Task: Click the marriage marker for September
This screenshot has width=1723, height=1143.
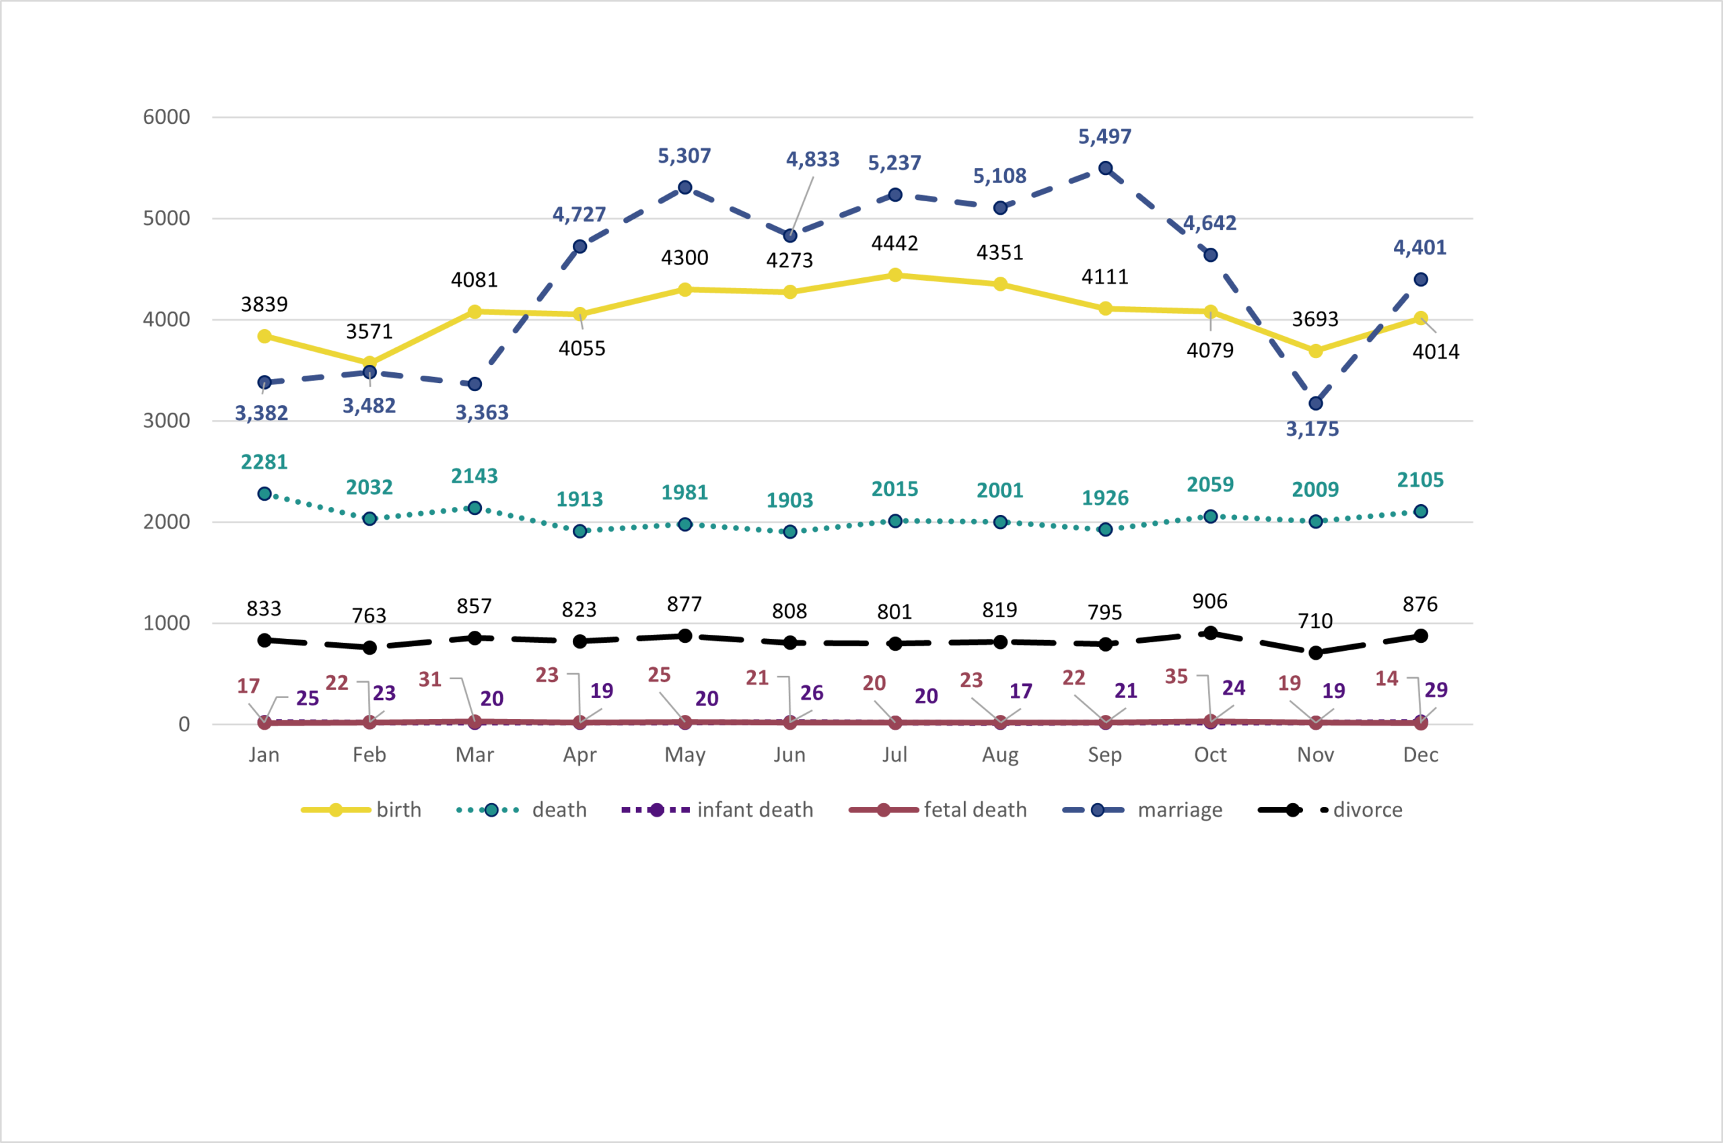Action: [1105, 168]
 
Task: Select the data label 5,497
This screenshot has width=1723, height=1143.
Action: [1104, 137]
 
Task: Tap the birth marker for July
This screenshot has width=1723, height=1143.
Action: [895, 275]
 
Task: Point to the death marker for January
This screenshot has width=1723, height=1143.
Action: [265, 493]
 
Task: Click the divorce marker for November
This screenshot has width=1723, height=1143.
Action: [1316, 652]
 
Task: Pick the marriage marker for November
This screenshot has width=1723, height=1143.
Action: [1316, 403]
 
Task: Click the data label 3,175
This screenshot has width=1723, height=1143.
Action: [1312, 429]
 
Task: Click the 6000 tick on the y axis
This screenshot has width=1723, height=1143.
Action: [166, 116]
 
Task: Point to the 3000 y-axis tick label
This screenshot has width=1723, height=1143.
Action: [166, 421]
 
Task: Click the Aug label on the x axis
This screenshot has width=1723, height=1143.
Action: [1000, 755]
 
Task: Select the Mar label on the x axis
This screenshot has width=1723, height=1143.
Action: [474, 755]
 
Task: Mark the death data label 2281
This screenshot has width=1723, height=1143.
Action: [264, 462]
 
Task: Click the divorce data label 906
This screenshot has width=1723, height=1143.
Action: [1210, 601]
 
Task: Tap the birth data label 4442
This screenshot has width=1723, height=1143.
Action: [894, 243]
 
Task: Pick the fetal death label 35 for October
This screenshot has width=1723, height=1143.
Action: [1176, 677]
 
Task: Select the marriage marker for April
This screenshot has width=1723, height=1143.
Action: [580, 246]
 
